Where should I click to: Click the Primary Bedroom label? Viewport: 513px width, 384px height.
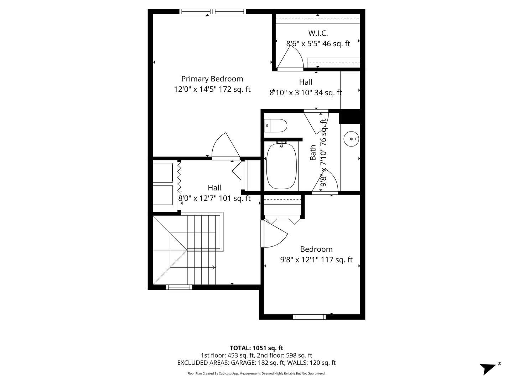tap(212, 79)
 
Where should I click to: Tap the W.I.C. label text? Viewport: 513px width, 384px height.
tap(318, 33)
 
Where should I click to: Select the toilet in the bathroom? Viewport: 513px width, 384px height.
tap(275, 126)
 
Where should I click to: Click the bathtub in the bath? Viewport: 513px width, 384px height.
tap(281, 166)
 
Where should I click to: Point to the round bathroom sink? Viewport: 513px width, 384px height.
tap(351, 139)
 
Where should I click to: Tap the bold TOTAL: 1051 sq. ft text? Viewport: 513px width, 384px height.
tap(256, 348)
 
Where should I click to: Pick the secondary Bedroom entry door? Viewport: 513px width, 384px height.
tap(274, 234)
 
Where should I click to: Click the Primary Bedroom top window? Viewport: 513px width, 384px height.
tap(212, 11)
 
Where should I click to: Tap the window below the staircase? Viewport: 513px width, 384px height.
tap(179, 287)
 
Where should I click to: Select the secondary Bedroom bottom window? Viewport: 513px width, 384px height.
tap(309, 317)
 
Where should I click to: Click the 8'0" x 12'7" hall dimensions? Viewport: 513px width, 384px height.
tap(214, 198)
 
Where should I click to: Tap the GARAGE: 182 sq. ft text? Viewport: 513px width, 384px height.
tap(258, 363)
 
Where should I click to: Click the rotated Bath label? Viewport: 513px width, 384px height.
tap(313, 153)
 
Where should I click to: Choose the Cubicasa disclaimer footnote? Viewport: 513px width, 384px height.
tap(256, 373)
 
